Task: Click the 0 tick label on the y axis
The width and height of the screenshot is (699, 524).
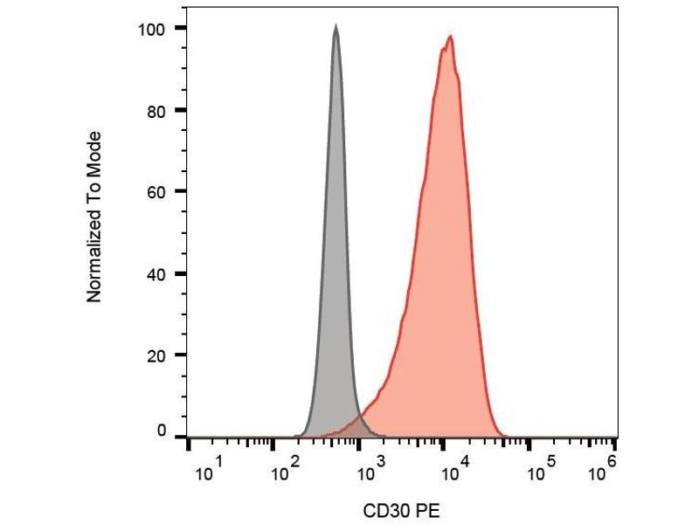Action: [161, 431]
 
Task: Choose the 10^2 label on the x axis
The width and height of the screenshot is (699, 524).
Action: [284, 472]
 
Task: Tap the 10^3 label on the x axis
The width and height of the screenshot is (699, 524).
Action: [370, 472]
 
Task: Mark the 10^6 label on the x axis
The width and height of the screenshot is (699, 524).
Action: [602, 472]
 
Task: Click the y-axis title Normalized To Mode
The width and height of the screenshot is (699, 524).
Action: [95, 217]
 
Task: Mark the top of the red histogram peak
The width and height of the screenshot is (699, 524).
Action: [450, 37]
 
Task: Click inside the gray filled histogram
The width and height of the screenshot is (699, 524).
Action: [336, 262]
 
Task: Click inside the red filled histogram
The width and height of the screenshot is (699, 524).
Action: [446, 262]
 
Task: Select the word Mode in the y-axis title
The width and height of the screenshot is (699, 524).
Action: [95, 150]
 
